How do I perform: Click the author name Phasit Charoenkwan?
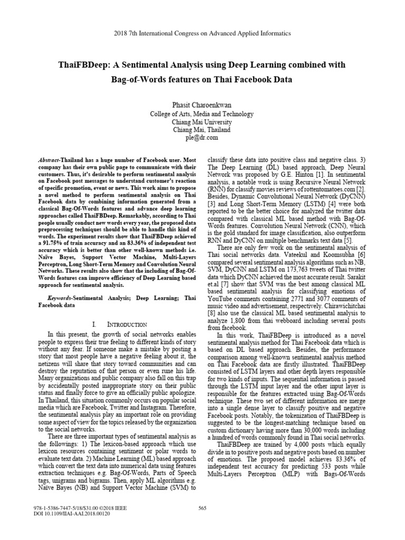[x=202, y=105]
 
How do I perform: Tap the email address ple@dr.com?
[x=202, y=138]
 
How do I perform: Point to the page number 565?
[x=202, y=523]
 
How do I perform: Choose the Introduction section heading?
[x=117, y=324]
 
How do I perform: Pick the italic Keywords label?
[x=55, y=298]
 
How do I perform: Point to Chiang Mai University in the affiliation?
[x=202, y=122]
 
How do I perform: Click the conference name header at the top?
[x=202, y=33]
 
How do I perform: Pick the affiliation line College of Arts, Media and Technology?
[x=202, y=114]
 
